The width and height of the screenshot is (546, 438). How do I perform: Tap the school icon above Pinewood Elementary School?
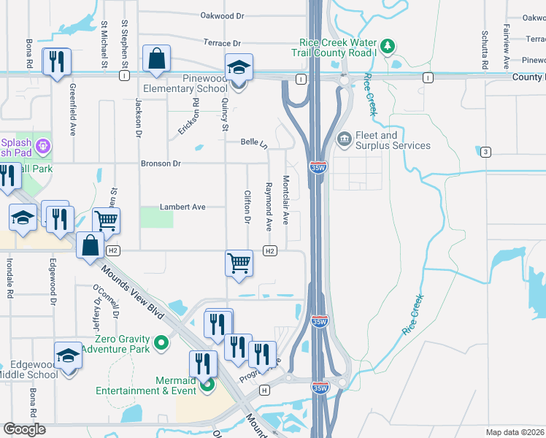[x=239, y=68]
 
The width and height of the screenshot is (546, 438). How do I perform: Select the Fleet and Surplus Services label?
[x=392, y=140]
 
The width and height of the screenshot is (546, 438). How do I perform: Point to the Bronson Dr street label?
[x=161, y=164]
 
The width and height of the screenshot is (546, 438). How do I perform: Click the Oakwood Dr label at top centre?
[x=222, y=15]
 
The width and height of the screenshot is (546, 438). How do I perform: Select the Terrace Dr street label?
[x=222, y=44]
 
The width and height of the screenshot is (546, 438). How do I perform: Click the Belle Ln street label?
[x=254, y=143]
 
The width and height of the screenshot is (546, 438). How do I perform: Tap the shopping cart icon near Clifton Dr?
[x=239, y=262]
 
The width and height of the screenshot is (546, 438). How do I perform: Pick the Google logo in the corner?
[x=25, y=429]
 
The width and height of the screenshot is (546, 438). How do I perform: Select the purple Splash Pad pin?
[x=44, y=146]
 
